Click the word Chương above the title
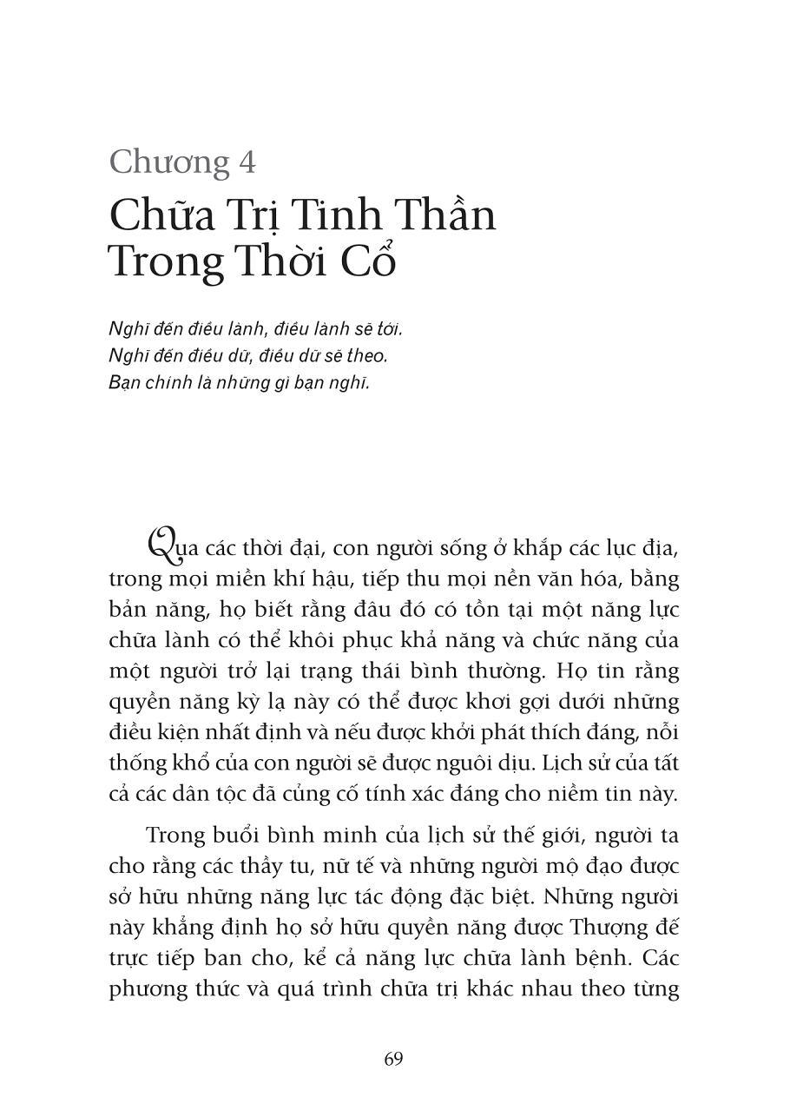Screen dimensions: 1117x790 pyautogui.click(x=170, y=163)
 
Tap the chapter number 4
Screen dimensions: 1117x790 pyautogui.click(x=246, y=163)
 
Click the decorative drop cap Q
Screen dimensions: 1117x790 pyautogui.click(x=161, y=546)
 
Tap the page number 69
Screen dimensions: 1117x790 pyautogui.click(x=393, y=1059)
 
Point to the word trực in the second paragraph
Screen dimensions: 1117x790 pyautogui.click(x=130, y=958)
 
